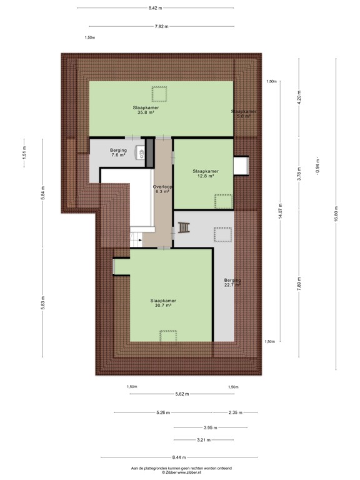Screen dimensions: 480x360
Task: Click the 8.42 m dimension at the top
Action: coord(155,7)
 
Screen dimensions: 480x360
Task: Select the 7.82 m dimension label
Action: coord(161,26)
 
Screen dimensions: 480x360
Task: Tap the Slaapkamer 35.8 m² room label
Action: coord(145,110)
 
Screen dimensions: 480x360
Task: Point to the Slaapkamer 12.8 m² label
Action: coord(206,174)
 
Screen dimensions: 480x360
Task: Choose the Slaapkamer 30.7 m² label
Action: coord(163,303)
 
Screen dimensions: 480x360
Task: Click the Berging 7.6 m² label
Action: coord(119,152)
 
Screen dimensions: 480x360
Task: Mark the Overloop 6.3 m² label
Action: coord(163,189)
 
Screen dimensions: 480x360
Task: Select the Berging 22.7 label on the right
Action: coord(232,283)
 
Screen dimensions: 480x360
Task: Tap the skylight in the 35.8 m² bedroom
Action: coord(160,94)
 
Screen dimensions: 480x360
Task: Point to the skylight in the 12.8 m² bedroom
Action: coord(223,201)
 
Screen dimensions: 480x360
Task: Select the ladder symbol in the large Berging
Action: coord(184,227)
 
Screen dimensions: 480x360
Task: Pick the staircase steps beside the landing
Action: coord(136,237)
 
